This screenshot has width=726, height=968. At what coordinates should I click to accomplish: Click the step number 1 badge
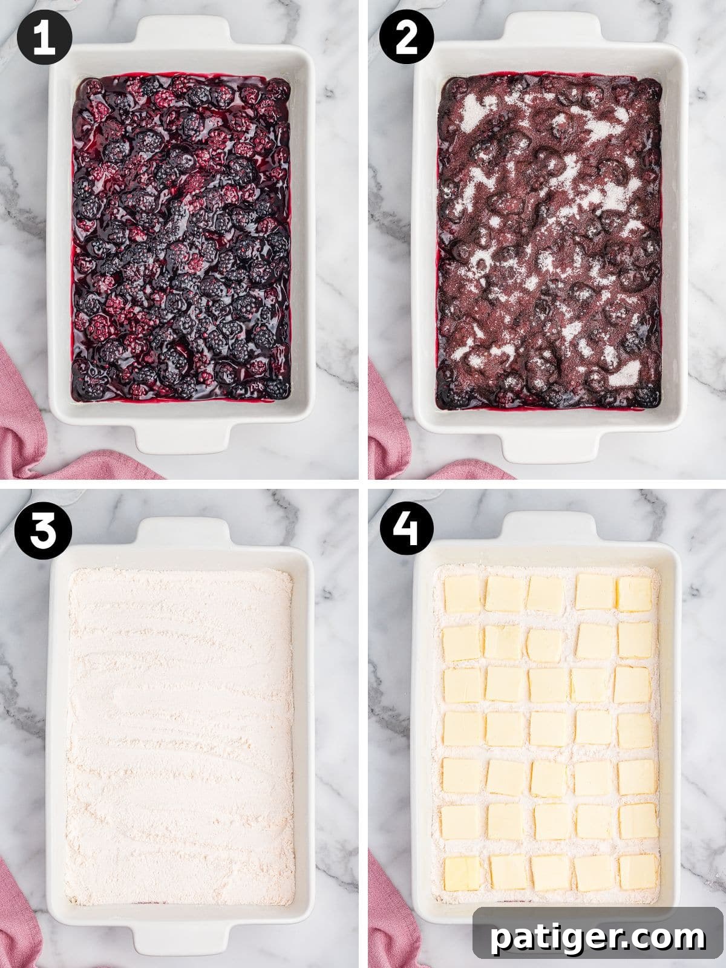pyautogui.click(x=44, y=38)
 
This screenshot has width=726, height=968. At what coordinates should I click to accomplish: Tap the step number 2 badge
pyautogui.click(x=407, y=38)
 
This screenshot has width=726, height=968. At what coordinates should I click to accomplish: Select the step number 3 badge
pyautogui.click(x=44, y=532)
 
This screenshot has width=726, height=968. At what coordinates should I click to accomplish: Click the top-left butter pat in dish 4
pyautogui.click(x=462, y=594)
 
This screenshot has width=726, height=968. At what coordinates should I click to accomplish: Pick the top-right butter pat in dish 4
pyautogui.click(x=634, y=594)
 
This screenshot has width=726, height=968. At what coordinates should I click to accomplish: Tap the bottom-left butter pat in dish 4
pyautogui.click(x=462, y=872)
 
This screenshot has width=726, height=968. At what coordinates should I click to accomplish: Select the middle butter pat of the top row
pyautogui.click(x=545, y=594)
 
